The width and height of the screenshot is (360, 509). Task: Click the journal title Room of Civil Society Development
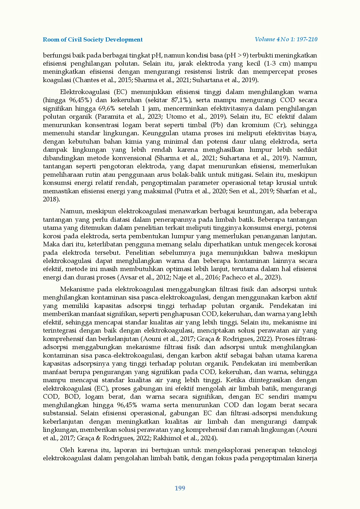(93, 39)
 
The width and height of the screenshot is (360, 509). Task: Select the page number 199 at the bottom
(180, 488)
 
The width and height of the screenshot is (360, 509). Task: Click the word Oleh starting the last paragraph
(67, 450)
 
